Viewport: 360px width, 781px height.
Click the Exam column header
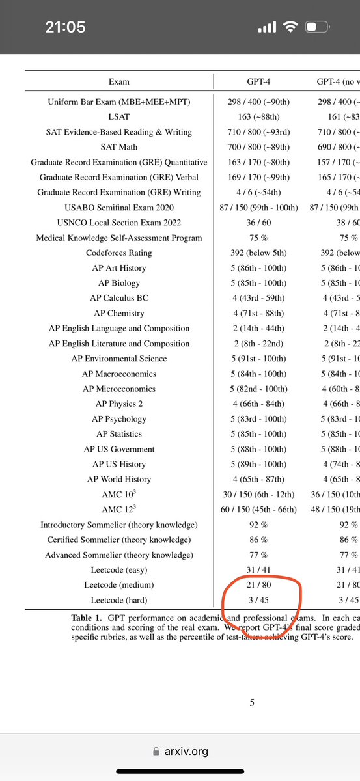(119, 82)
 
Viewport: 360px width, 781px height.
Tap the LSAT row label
(119, 117)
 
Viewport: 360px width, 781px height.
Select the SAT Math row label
(119, 147)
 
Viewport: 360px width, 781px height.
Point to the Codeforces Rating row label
(119, 253)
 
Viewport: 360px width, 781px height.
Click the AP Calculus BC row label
(119, 298)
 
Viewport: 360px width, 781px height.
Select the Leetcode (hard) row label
(119, 599)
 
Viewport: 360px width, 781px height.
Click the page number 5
(252, 702)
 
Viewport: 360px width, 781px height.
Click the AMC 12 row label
(119, 510)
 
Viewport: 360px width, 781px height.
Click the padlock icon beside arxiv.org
(155, 752)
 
